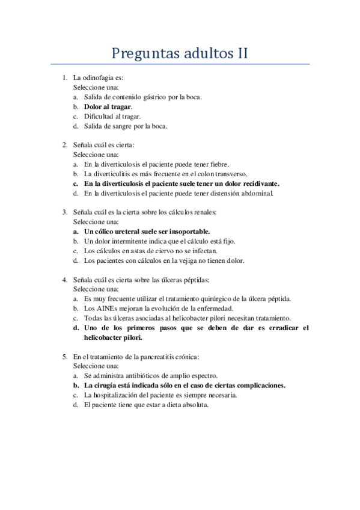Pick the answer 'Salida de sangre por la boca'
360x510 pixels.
pos(125,126)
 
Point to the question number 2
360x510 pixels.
pos(64,145)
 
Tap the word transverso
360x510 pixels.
pos(229,173)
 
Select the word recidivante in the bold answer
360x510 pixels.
pos(258,183)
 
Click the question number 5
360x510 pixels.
pos(64,357)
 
